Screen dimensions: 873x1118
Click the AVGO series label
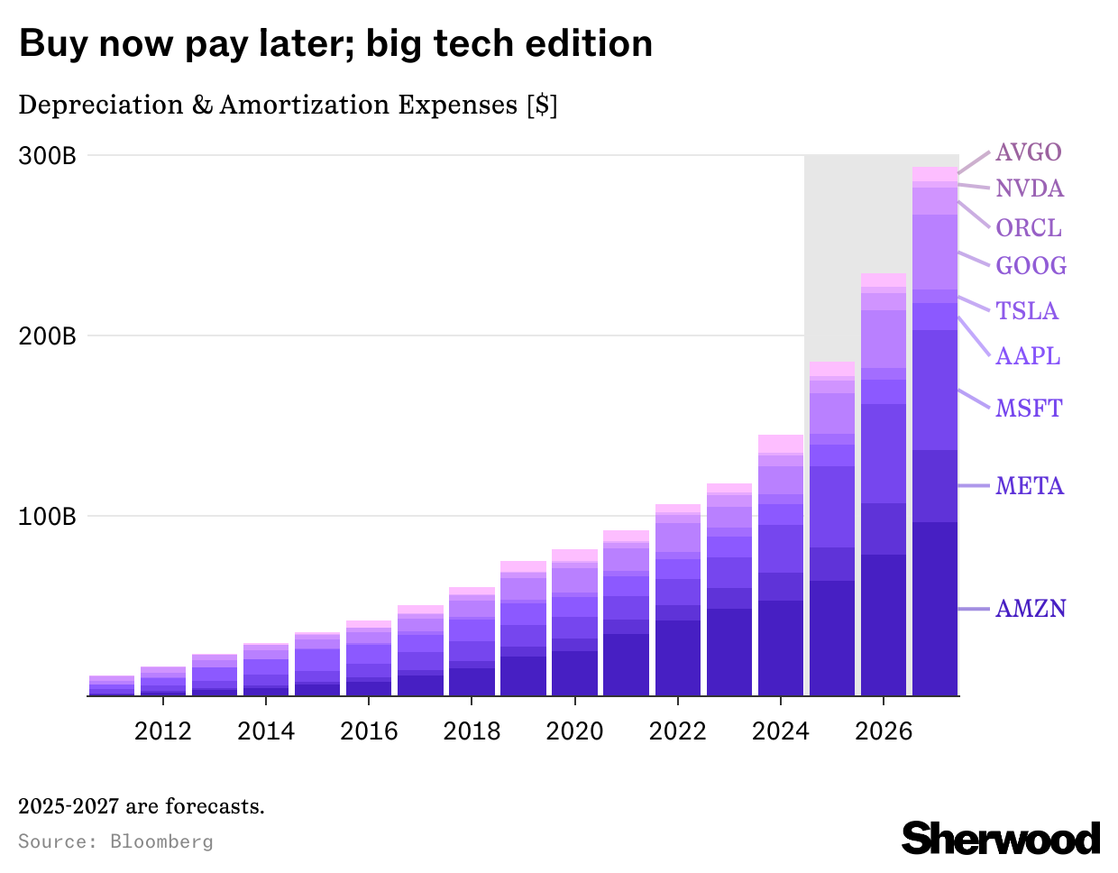coord(1028,152)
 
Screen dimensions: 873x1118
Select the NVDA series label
coord(1030,188)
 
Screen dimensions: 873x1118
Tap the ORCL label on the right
coord(1029,228)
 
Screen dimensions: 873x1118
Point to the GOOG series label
coord(1031,266)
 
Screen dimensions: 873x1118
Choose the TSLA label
coord(1027,311)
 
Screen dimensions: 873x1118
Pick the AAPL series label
coord(1028,356)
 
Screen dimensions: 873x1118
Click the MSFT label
coord(1029,409)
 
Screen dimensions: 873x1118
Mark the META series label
coord(1030,486)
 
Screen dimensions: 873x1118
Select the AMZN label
coord(1031,609)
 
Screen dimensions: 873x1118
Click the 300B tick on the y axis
coord(48,156)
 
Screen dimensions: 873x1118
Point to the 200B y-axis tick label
coord(48,336)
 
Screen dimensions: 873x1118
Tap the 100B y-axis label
coord(48,517)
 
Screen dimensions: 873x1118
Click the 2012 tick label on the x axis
coord(163,731)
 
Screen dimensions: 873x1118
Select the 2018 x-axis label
coord(472,731)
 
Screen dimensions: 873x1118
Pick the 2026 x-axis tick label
coord(884,731)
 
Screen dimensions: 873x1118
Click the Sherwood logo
coord(1001,838)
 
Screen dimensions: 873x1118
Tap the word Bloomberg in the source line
coord(161,841)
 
